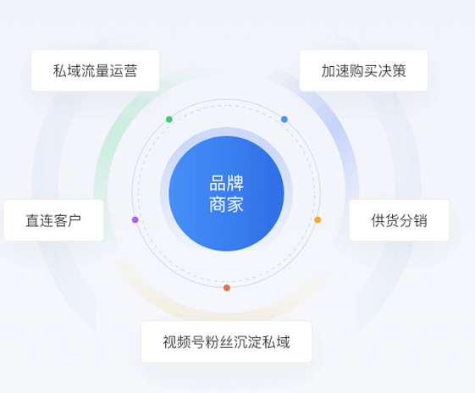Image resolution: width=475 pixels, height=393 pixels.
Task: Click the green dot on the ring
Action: (x=169, y=119)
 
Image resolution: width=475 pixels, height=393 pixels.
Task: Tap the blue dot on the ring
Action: (x=284, y=119)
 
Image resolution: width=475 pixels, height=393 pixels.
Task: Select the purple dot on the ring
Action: (x=135, y=219)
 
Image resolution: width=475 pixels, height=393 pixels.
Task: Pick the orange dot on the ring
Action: (x=318, y=219)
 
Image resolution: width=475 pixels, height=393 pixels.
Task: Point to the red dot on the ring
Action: (x=227, y=288)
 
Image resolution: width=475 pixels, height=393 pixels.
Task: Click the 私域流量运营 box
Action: (x=95, y=70)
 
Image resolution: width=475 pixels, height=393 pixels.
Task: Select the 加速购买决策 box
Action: (x=363, y=70)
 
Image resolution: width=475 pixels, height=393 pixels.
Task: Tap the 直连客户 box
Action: (x=53, y=220)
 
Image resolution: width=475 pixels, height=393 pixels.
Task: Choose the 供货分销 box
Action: (x=400, y=220)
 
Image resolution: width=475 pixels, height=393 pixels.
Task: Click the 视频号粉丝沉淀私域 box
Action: (x=226, y=341)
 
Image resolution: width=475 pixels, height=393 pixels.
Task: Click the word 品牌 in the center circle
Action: (x=226, y=183)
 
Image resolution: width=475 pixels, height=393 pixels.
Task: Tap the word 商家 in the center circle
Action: (x=226, y=204)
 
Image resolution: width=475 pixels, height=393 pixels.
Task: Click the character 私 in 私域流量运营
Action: (x=60, y=71)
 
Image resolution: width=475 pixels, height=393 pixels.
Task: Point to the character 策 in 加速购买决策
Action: (x=399, y=71)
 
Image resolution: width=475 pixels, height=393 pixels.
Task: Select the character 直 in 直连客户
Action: (x=32, y=220)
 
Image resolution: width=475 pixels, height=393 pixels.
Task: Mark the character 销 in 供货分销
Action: (x=421, y=220)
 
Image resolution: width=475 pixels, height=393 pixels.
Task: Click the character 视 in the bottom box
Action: (x=170, y=342)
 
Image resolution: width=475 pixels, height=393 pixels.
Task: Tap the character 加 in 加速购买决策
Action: (x=329, y=71)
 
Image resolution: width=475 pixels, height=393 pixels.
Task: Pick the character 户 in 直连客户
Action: (x=75, y=220)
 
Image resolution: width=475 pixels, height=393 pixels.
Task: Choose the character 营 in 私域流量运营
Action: (x=130, y=71)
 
